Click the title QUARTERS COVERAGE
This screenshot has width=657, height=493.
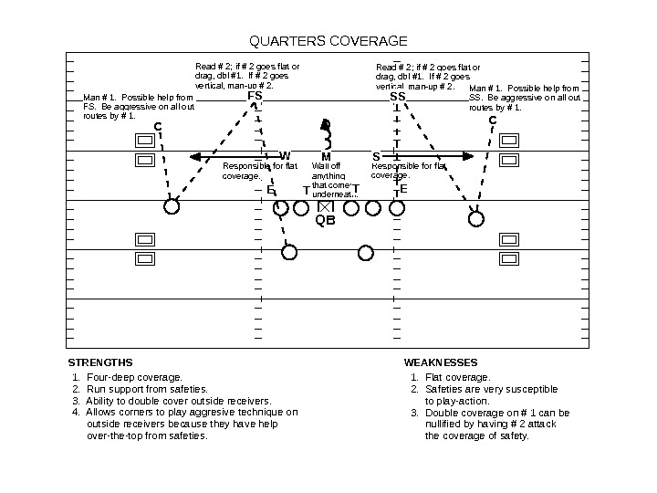(328, 41)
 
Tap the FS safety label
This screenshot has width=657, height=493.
(255, 95)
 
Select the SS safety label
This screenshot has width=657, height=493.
(398, 96)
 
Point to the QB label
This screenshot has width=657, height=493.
(325, 220)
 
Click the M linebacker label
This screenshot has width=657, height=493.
(326, 156)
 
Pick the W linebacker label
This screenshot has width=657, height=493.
(285, 156)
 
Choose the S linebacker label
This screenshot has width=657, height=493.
(375, 156)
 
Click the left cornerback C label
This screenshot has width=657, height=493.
(157, 126)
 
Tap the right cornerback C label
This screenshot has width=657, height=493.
(492, 120)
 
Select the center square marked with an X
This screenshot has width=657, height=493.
(325, 208)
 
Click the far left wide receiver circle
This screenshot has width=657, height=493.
(172, 206)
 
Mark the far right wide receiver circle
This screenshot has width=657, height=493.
(476, 218)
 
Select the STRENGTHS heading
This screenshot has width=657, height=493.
(100, 362)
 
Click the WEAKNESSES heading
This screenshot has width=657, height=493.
(441, 362)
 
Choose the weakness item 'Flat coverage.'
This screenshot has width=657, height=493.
(457, 377)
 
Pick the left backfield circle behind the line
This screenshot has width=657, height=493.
(289, 252)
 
